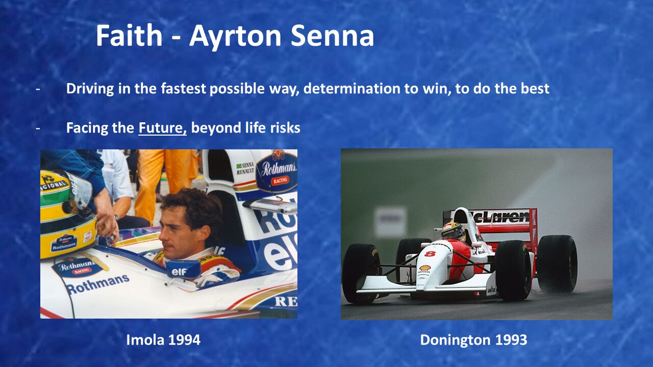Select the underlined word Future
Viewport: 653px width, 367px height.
click(163, 127)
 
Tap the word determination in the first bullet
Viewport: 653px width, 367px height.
click(352, 88)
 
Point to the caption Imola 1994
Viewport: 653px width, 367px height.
click(163, 339)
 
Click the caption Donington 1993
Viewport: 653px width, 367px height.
click(474, 339)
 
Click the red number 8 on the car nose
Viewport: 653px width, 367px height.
click(430, 253)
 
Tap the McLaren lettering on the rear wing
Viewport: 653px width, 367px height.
click(500, 217)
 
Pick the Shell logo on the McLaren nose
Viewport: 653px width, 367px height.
click(425, 268)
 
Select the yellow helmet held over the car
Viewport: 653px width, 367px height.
click(68, 214)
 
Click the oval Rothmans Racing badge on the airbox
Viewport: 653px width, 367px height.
click(277, 172)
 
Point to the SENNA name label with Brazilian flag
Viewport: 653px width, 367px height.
click(245, 168)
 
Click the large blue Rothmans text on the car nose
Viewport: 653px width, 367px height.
click(98, 283)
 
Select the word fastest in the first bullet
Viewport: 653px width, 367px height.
click(183, 88)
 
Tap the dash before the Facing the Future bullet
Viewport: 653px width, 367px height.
click(38, 127)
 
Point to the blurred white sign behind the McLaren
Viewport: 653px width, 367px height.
click(391, 221)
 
